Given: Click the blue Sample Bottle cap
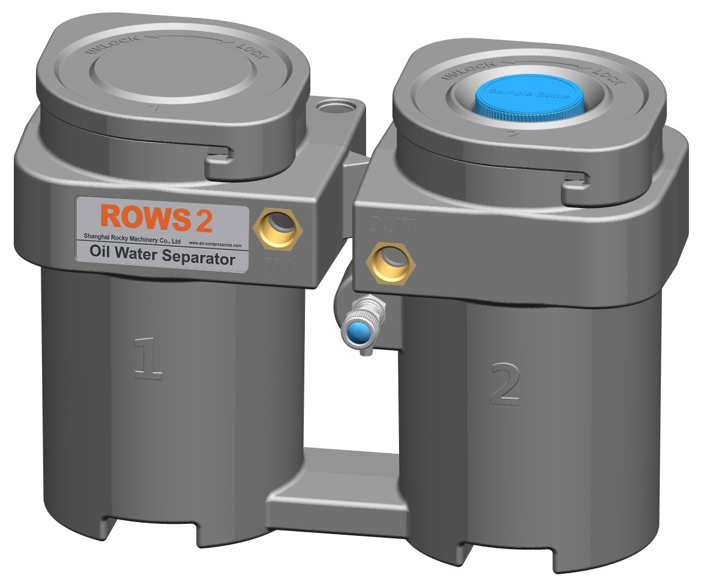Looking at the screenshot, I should pyautogui.click(x=527, y=97).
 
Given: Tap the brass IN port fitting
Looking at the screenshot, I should pyautogui.click(x=278, y=228).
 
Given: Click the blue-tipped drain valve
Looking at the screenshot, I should pyautogui.click(x=358, y=330).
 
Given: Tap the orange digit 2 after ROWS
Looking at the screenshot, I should pyautogui.click(x=204, y=221).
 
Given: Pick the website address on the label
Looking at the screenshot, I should pyautogui.click(x=214, y=245).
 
